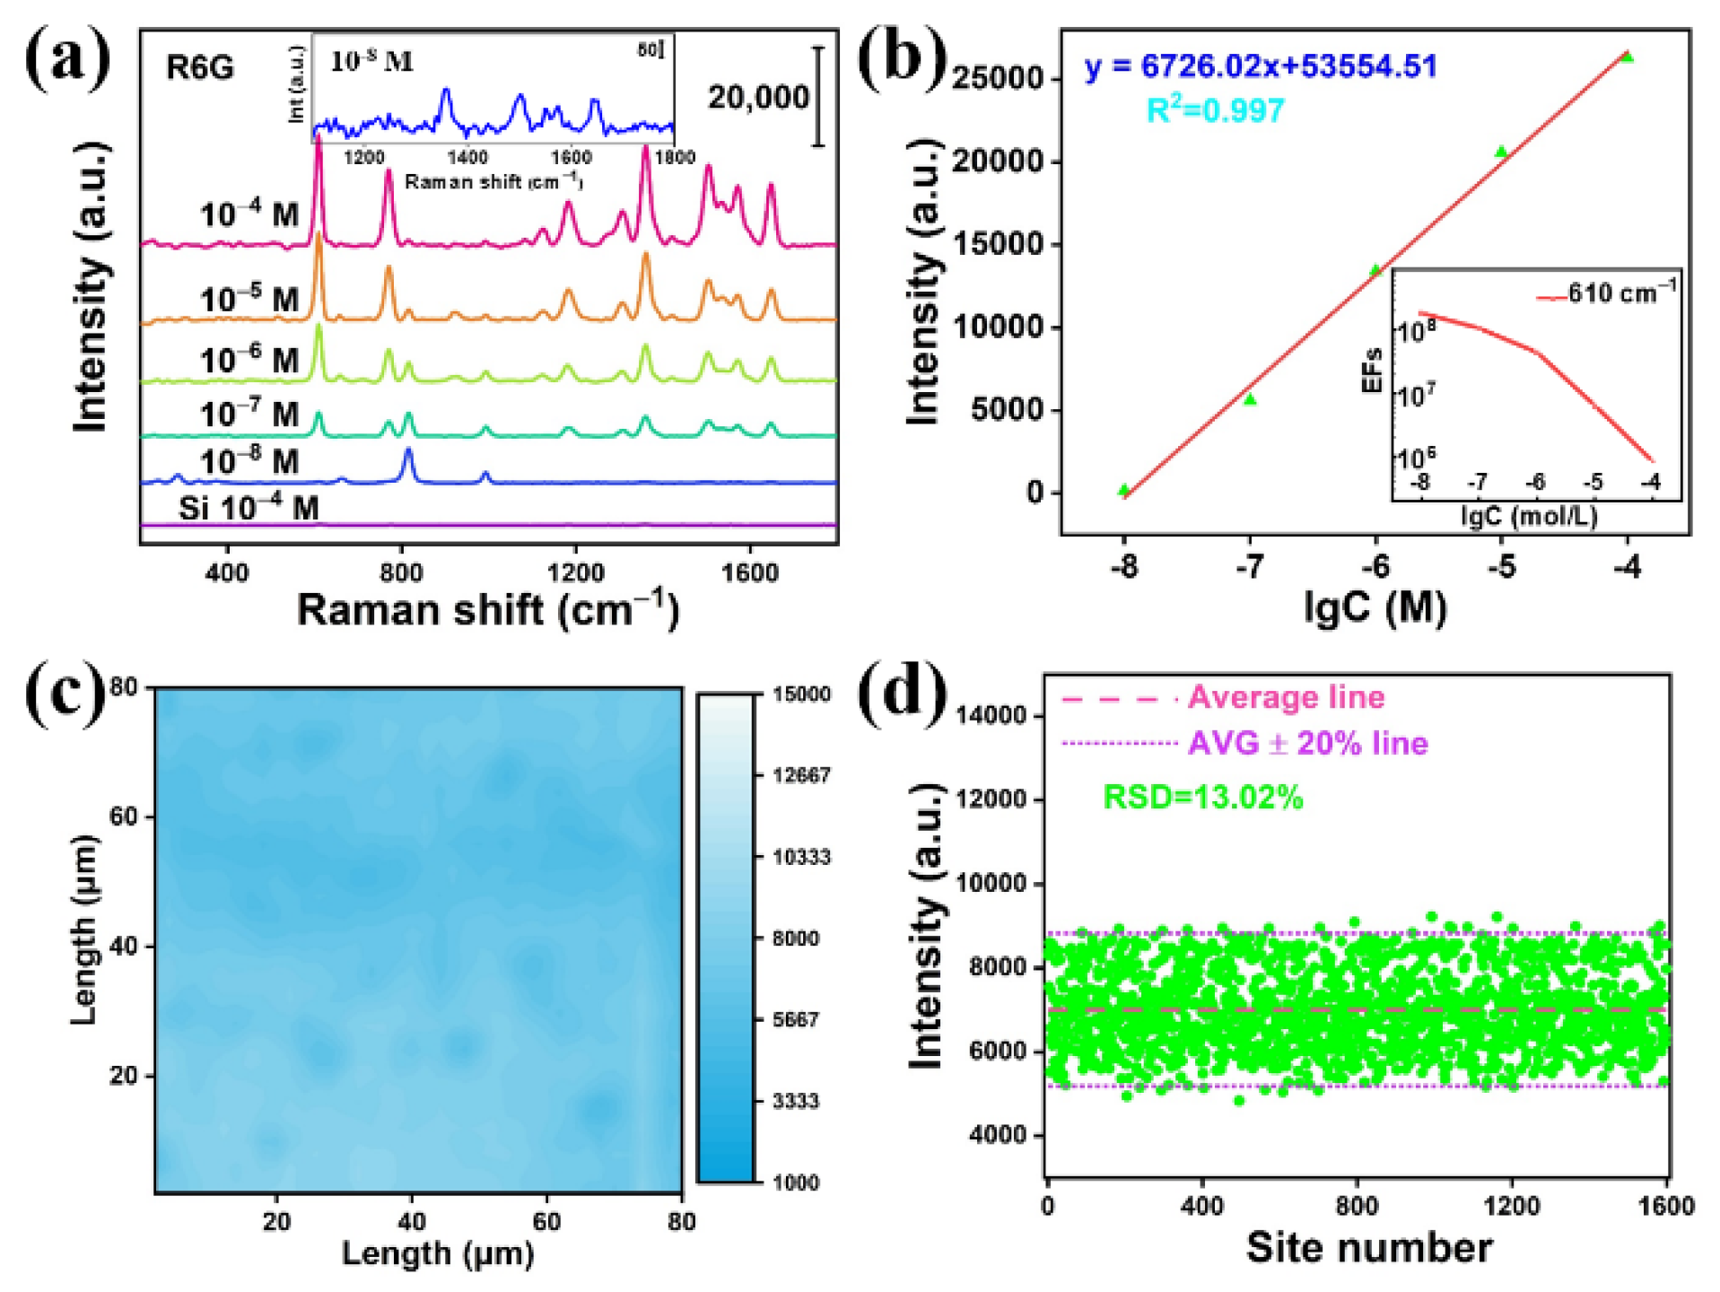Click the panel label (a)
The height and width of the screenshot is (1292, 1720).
[66, 57]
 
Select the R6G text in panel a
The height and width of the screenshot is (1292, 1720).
[199, 68]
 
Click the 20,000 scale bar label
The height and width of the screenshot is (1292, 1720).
[758, 97]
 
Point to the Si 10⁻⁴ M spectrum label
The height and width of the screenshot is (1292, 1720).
[249, 508]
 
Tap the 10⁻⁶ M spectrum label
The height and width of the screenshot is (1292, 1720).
[249, 360]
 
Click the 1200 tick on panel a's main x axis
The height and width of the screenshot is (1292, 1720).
[575, 572]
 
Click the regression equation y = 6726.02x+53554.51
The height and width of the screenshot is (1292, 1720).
[1261, 66]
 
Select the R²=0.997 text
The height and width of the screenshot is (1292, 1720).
[1215, 110]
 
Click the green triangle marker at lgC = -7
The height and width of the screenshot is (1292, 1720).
[1250, 399]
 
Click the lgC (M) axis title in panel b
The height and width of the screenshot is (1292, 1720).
[1375, 608]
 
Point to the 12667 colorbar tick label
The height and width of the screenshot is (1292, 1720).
[801, 775]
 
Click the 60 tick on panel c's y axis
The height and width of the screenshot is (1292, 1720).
[123, 816]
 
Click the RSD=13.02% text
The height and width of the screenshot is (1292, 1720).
[1202, 797]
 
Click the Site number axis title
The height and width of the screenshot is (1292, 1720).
[1368, 1248]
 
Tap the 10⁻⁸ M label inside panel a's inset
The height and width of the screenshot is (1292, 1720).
[371, 61]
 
